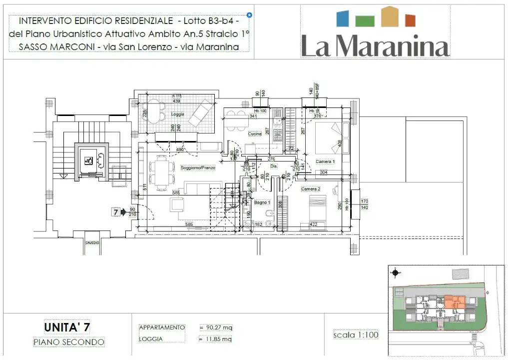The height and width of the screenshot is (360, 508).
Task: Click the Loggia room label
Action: point(178,114)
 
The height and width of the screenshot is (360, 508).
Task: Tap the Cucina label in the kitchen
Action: point(255,134)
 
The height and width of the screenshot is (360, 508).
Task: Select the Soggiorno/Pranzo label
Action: point(198,168)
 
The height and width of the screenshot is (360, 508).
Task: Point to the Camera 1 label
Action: point(325,161)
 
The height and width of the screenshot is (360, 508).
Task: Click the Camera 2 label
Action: point(310,189)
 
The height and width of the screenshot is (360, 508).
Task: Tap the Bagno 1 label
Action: point(262,202)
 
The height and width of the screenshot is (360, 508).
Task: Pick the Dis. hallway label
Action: point(274,166)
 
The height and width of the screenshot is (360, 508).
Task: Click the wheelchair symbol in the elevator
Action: point(88,160)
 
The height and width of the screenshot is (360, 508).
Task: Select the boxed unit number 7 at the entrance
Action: point(115,212)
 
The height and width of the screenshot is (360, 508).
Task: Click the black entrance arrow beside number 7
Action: point(123,212)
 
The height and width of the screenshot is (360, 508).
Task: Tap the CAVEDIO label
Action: point(92,242)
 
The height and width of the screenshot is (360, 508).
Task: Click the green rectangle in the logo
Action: point(365,20)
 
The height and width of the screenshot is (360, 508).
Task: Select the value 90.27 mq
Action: point(216,327)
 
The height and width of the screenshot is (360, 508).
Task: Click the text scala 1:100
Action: point(356,334)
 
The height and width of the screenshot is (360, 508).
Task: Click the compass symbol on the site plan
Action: point(396,273)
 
